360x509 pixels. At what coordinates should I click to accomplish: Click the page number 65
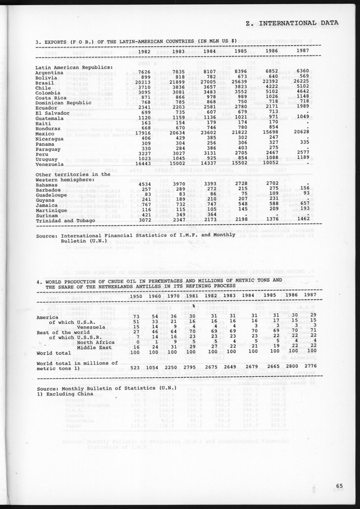pyautogui.click(x=340, y=487)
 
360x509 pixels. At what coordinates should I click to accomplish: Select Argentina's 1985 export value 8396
pyautogui.click(x=239, y=72)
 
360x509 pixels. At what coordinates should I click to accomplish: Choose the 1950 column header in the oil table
pyautogui.click(x=135, y=296)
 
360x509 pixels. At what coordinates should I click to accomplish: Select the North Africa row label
pyautogui.click(x=94, y=342)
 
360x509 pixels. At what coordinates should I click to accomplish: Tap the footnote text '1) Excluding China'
pyautogui.click(x=68, y=393)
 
